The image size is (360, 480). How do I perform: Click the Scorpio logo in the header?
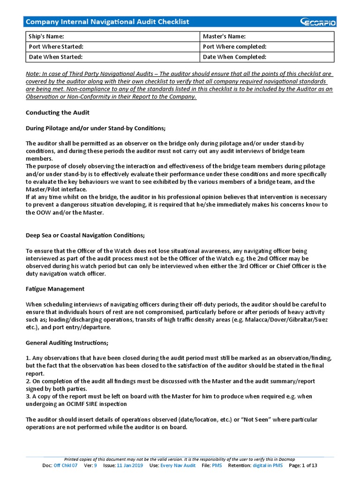pos(318,22)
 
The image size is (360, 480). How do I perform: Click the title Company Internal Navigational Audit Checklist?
pos(107,22)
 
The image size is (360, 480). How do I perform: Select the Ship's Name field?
pos(112,37)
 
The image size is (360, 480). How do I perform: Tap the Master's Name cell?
pos(267,37)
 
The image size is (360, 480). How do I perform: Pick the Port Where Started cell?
pos(112,47)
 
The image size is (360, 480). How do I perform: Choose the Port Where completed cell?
pos(267,47)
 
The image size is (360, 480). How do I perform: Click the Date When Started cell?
pos(112,57)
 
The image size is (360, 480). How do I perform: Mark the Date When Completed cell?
pos(267,57)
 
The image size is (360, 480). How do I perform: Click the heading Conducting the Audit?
pos(57,112)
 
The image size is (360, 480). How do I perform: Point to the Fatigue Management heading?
pos(55,289)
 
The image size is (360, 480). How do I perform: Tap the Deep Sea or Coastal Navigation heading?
pos(85,235)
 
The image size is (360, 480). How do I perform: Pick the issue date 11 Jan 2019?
pos(130,465)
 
